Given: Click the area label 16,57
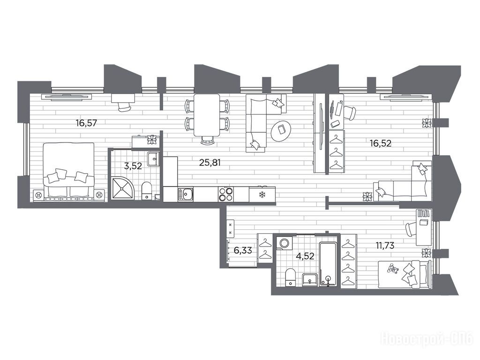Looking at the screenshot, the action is pos(86,123).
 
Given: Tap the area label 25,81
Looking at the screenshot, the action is pos(210,162).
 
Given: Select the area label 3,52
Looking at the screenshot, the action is pos(133,166).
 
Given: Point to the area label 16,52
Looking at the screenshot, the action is pos(381,143).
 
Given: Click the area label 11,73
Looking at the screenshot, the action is pos(385,245).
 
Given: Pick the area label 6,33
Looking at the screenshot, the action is pos(243,250).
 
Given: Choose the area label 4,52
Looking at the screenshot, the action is pos(305,255).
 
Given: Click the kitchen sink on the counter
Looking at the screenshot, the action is pos(186,195).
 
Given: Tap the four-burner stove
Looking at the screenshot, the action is pos(226,195).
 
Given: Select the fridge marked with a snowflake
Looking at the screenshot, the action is pos(262,194).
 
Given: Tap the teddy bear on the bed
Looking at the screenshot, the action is pos(392,269).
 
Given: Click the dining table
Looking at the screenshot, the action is pos(207,115).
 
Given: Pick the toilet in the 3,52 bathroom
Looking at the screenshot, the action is pos(147,190).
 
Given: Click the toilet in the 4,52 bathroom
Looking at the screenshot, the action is pos(290,277).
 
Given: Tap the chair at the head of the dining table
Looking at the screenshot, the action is pos(207,140).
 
